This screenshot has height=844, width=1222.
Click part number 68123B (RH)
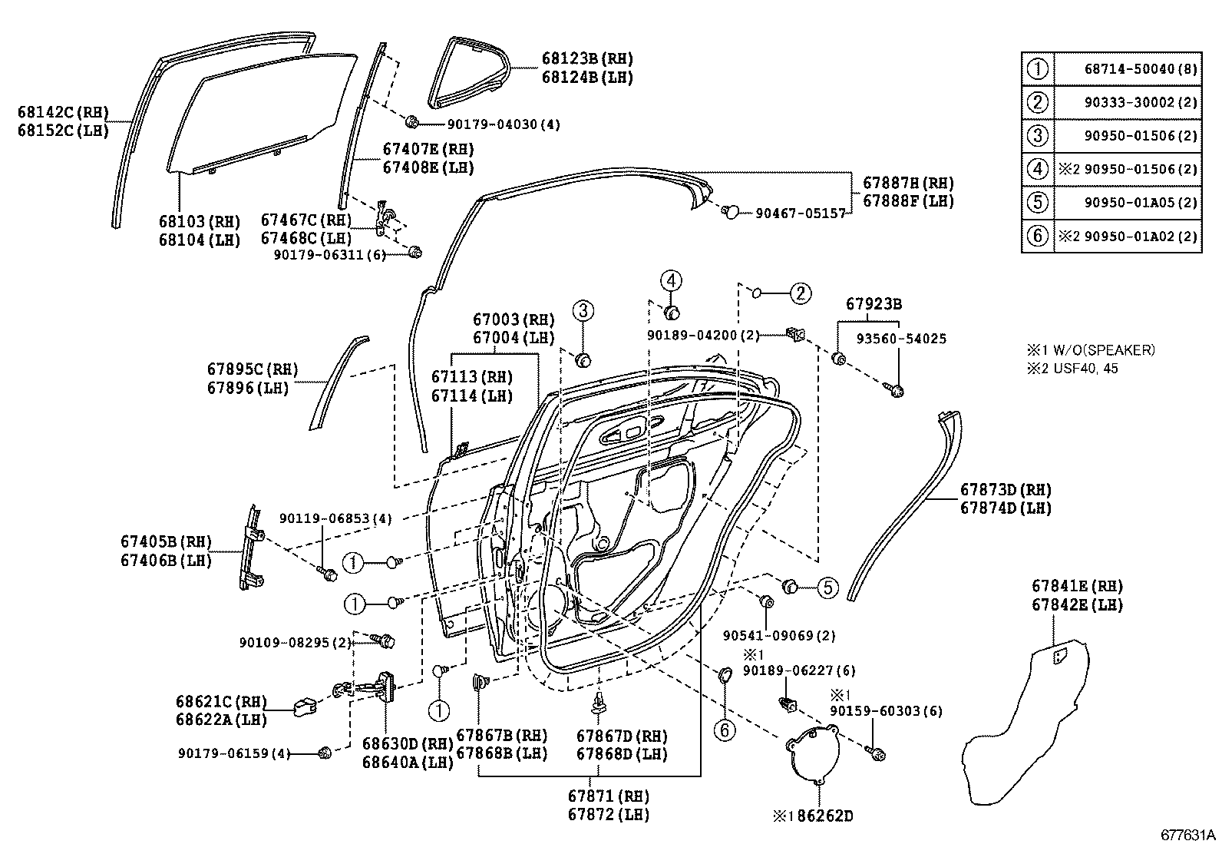click(x=587, y=58)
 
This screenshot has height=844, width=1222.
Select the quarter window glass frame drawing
click(x=469, y=73)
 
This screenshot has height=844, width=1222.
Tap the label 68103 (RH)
click(x=200, y=222)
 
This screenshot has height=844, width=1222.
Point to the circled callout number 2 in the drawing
click(x=801, y=293)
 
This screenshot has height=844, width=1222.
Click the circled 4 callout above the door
click(x=671, y=280)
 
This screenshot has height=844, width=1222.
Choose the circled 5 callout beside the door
click(x=828, y=588)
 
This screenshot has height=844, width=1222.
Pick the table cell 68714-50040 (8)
click(x=1141, y=69)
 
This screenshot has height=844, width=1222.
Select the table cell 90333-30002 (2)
click(x=1141, y=103)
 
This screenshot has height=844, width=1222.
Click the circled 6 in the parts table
click(x=1037, y=236)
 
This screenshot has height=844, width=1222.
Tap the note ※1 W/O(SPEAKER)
click(x=1091, y=350)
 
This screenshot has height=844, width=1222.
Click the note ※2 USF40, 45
click(x=1072, y=369)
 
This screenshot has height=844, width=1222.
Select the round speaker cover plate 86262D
click(x=813, y=755)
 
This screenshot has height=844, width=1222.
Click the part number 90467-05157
click(x=801, y=213)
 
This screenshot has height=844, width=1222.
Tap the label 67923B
click(x=874, y=303)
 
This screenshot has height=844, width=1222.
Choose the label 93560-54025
click(x=901, y=339)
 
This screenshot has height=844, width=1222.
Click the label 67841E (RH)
click(x=1078, y=586)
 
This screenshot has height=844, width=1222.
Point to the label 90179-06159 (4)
click(x=234, y=753)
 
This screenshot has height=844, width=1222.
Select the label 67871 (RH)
click(x=609, y=796)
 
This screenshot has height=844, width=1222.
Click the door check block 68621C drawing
click(x=305, y=707)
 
